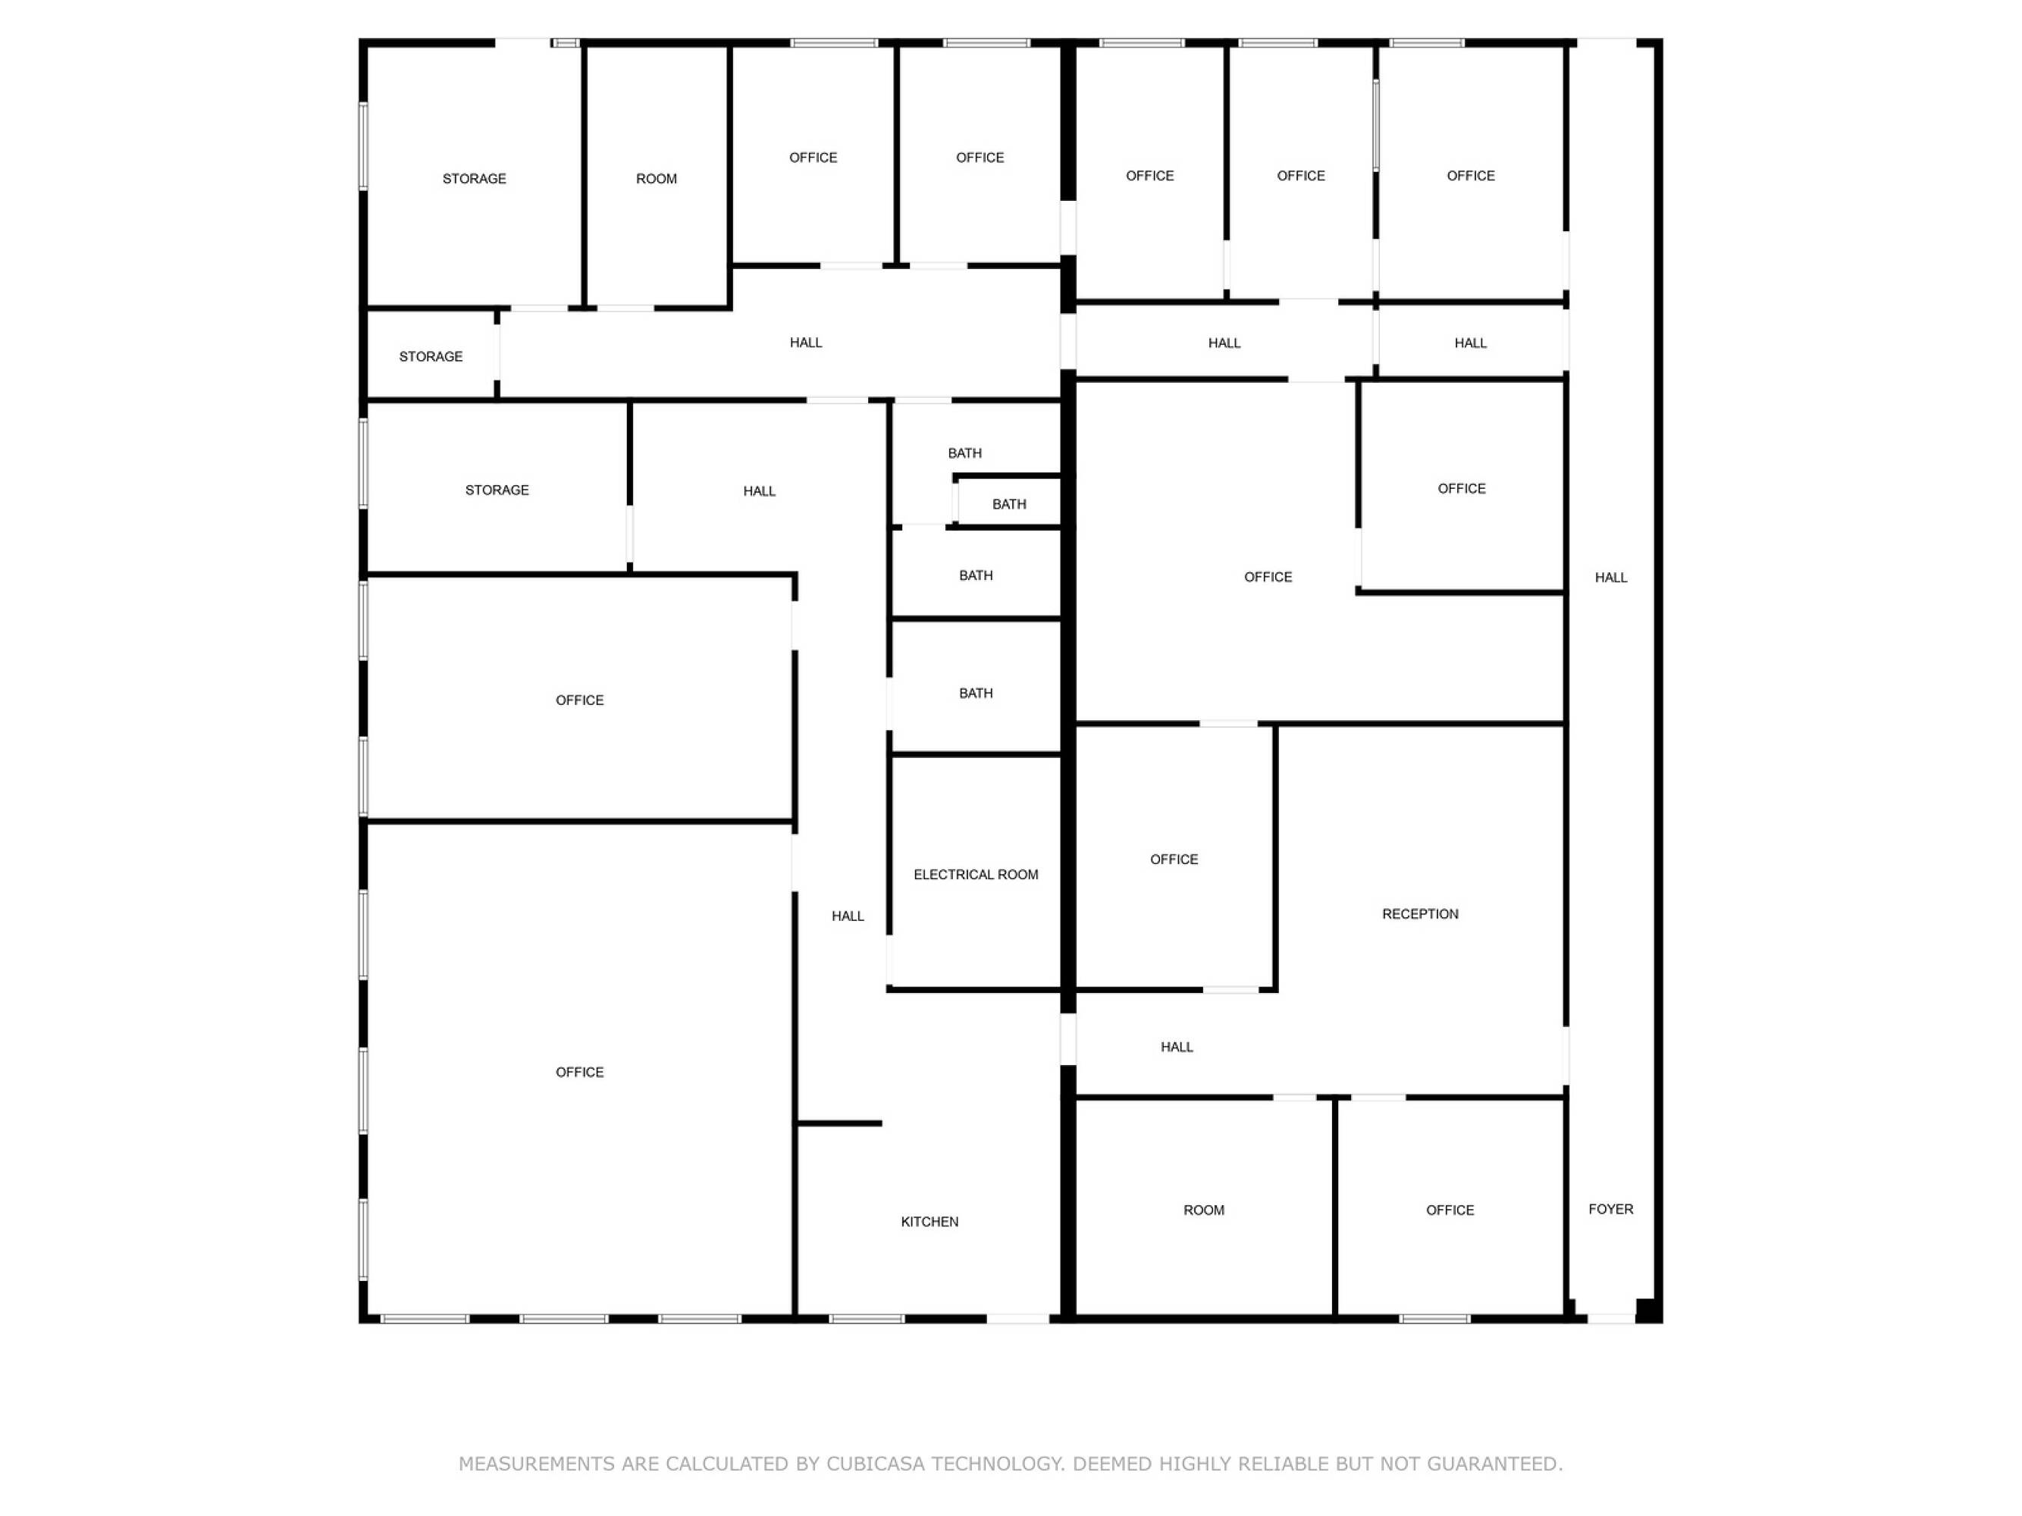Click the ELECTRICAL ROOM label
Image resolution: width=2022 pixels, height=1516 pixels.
point(975,875)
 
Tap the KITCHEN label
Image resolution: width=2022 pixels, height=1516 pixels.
point(929,1222)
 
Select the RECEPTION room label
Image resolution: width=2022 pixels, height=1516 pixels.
point(1419,914)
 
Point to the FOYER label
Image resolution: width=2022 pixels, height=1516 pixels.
point(1610,1209)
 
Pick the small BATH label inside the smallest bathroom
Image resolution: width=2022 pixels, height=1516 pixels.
point(1009,504)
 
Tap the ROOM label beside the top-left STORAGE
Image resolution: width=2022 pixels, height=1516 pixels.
point(657,179)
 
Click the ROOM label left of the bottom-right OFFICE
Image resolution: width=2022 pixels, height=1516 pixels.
point(1204,1210)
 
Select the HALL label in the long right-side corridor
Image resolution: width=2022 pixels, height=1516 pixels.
point(1610,578)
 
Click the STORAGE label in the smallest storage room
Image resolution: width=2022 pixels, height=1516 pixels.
point(431,356)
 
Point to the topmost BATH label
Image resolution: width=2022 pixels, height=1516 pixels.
point(964,453)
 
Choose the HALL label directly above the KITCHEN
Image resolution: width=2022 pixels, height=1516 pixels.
point(848,916)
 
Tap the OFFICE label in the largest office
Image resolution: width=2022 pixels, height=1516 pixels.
point(579,1072)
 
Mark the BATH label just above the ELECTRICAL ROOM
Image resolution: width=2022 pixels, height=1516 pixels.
point(975,694)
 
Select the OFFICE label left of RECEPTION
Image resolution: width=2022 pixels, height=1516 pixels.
point(1174,860)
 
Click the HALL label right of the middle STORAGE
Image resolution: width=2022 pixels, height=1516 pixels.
point(759,492)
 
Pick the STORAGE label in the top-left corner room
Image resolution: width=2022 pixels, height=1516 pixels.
point(474,179)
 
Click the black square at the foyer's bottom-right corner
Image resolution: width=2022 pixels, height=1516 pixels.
point(1647,1310)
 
